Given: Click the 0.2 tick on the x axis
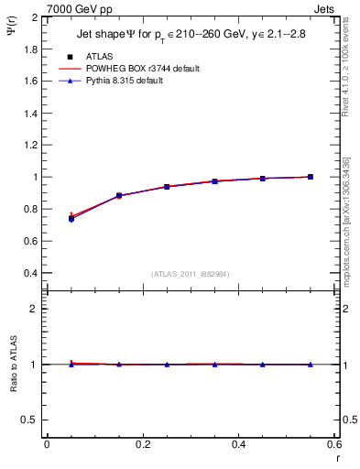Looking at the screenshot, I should pyautogui.click(x=142, y=444).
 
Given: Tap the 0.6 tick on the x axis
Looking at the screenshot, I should pyautogui.click(x=333, y=444).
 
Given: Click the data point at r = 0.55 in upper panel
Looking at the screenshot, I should pyautogui.click(x=311, y=177).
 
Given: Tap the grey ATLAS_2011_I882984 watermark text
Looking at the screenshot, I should pyautogui.click(x=191, y=274).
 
